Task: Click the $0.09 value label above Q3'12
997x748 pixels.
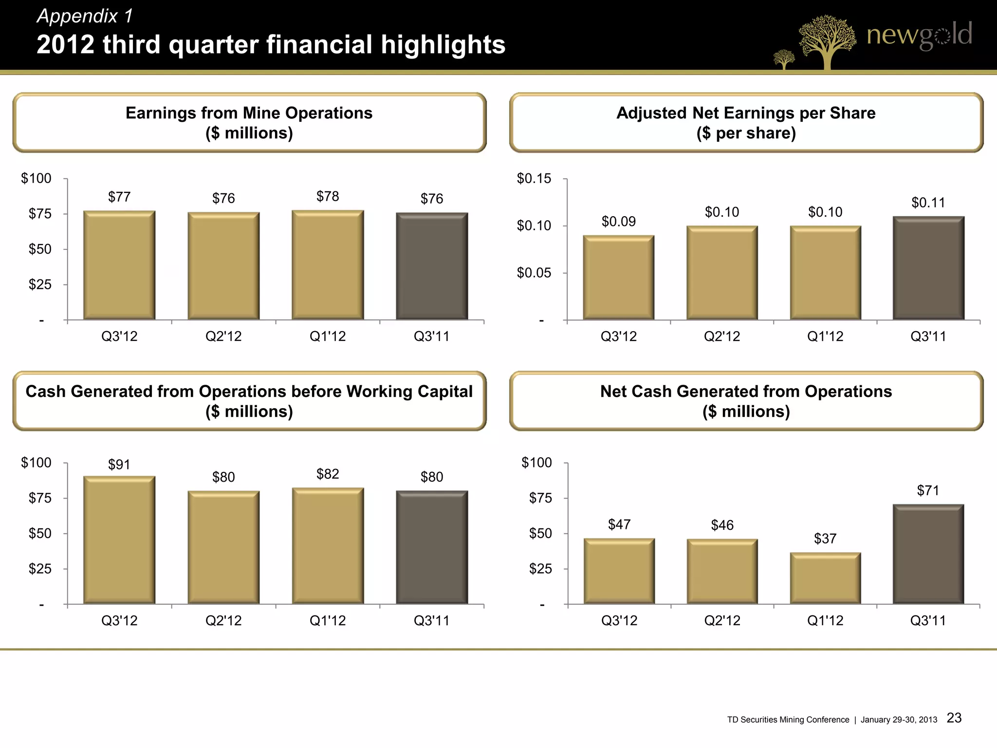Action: [x=619, y=222]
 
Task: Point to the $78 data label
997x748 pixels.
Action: [x=328, y=196]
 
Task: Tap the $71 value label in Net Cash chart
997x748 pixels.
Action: [x=928, y=490]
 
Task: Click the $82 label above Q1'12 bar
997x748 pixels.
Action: [x=328, y=474]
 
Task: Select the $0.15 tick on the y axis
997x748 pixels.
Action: [x=534, y=179]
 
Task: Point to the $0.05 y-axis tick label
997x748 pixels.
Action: [x=534, y=273]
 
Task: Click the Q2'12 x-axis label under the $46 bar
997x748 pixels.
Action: [x=722, y=620]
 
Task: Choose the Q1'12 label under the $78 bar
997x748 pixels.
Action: [x=328, y=336]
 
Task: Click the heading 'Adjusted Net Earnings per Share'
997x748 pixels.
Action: [x=746, y=113]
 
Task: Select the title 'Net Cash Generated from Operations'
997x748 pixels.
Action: [x=746, y=392]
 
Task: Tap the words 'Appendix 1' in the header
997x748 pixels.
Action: [x=85, y=16]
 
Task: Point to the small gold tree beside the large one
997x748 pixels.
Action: [x=784, y=59]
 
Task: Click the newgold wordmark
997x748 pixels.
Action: [x=919, y=35]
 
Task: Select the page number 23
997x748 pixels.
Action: [x=954, y=718]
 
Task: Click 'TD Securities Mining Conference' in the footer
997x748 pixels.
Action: [x=788, y=720]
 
